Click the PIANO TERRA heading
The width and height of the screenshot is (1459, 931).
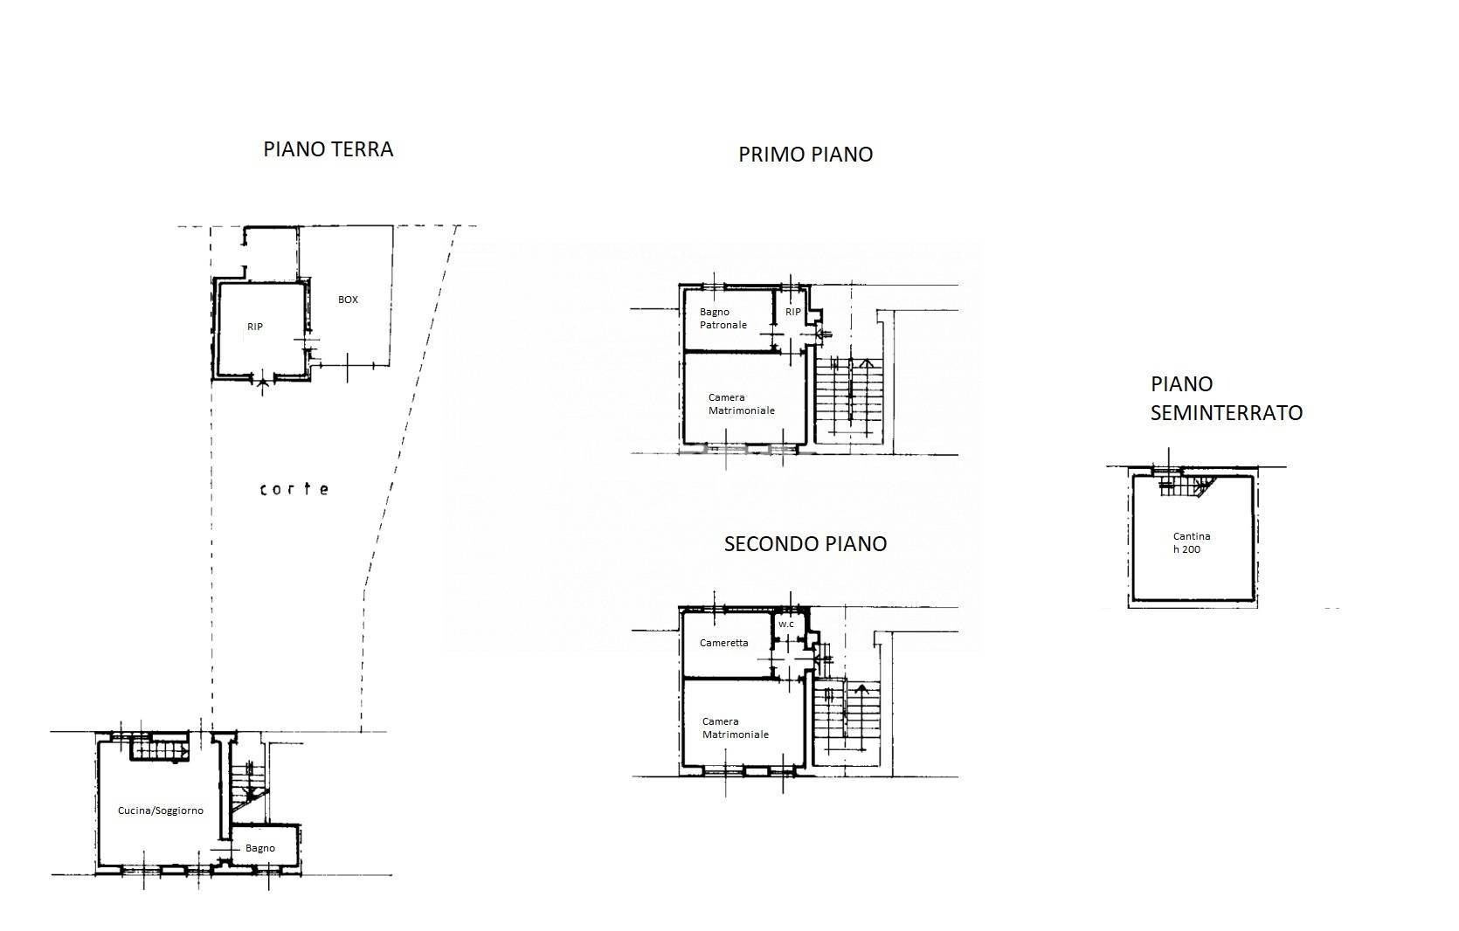click(x=328, y=149)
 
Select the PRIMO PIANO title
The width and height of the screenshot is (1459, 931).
click(x=806, y=155)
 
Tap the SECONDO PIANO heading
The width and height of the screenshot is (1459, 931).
click(x=806, y=543)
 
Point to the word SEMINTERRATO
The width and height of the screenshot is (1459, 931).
click(x=1227, y=413)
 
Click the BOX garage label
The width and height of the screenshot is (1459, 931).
click(x=348, y=300)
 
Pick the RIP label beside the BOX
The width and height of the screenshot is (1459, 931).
click(x=255, y=327)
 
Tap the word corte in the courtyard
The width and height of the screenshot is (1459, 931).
click(x=294, y=489)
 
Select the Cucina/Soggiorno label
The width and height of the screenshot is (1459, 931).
click(x=160, y=810)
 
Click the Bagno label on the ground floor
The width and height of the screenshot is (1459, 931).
click(x=259, y=848)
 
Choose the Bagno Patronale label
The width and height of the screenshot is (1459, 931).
click(x=723, y=319)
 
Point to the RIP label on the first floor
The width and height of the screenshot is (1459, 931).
click(x=792, y=312)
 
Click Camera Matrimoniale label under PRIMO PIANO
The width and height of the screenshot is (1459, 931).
click(x=741, y=403)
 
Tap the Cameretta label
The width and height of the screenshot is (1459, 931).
click(x=723, y=643)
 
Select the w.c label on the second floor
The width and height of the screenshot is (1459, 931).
click(x=786, y=624)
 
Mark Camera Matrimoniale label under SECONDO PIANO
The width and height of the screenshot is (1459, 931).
click(x=736, y=728)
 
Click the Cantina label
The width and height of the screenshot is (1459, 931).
click(x=1192, y=536)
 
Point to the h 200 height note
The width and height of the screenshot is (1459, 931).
click(x=1186, y=549)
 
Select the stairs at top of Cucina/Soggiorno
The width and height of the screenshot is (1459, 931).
click(x=160, y=749)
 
